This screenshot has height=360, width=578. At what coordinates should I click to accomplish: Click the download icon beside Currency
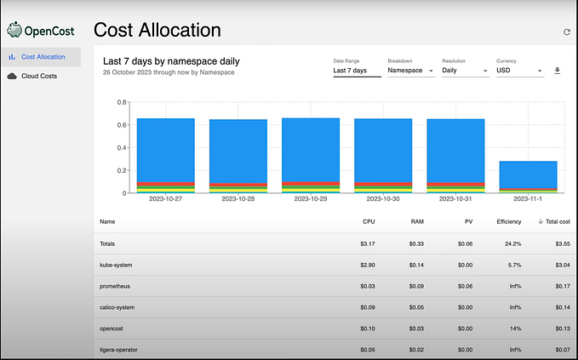(x=558, y=71)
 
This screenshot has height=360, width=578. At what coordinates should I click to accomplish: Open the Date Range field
(x=356, y=71)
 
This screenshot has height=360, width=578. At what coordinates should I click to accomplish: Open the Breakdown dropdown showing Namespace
(x=410, y=71)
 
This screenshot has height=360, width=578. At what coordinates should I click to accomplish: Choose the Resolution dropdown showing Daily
(x=465, y=71)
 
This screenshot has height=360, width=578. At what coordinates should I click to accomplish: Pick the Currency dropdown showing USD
(x=519, y=71)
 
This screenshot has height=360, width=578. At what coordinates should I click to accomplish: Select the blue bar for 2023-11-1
(x=528, y=174)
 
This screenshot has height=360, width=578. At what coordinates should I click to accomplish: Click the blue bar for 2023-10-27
(x=165, y=149)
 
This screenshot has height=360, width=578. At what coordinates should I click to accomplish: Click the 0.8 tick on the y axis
(x=122, y=102)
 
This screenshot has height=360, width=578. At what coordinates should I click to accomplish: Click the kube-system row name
(x=117, y=266)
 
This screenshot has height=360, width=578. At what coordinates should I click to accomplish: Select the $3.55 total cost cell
(x=558, y=243)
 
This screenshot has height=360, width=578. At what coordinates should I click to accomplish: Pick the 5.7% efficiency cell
(x=514, y=266)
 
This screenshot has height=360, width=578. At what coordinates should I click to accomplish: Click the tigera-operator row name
(x=121, y=349)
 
